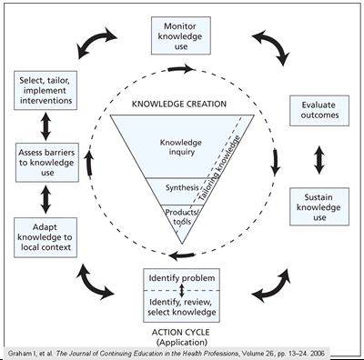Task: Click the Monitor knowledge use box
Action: tap(183, 35)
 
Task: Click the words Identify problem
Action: tap(182, 276)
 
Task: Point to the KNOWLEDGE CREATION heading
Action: tap(181, 103)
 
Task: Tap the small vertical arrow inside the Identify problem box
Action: tap(182, 291)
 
